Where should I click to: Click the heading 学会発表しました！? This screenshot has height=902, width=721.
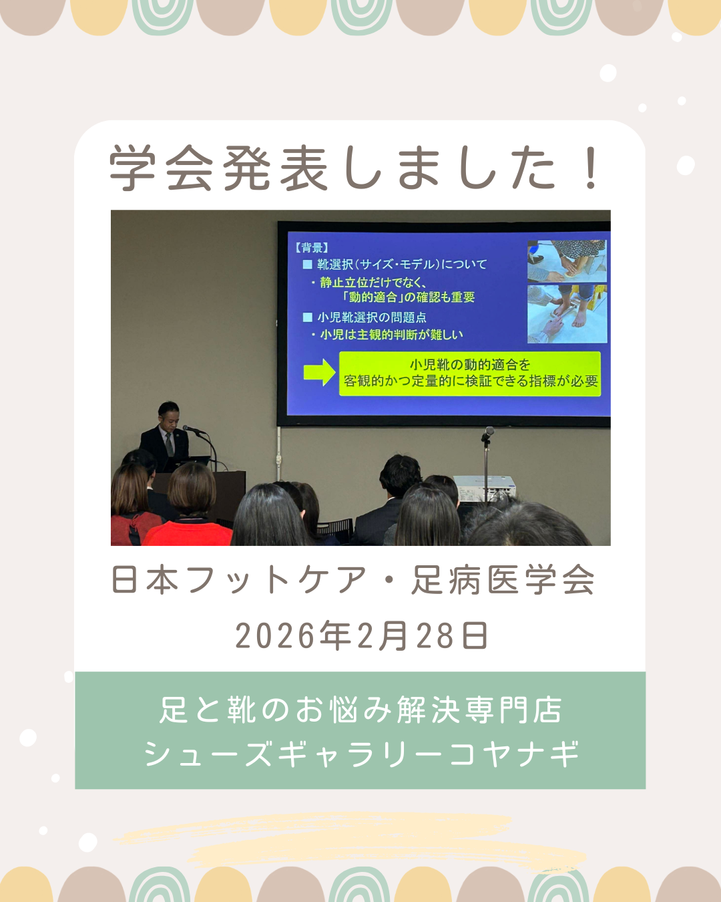[x=354, y=168]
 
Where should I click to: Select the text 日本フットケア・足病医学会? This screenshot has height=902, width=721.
[x=353, y=580]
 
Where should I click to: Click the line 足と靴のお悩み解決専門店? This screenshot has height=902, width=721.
[x=360, y=710]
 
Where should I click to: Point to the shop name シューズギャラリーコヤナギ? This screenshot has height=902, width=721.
[x=361, y=753]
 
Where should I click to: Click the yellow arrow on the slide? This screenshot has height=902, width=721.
[x=319, y=371]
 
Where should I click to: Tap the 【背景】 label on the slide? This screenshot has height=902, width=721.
[x=311, y=248]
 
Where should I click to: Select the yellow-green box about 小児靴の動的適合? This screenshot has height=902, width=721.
[x=469, y=373]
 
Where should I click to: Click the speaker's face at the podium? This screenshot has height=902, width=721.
[x=169, y=415]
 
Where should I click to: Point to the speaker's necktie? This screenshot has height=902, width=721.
[x=169, y=445]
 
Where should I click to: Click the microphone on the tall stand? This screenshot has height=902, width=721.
[x=487, y=432]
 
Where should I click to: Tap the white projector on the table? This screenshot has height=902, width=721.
[x=485, y=488]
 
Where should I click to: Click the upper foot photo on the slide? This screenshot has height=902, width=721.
[x=566, y=261]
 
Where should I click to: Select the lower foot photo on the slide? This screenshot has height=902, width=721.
[x=566, y=314]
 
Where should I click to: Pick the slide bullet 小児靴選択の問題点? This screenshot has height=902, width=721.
[x=365, y=317]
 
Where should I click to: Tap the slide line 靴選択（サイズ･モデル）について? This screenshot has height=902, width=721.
[x=395, y=265]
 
